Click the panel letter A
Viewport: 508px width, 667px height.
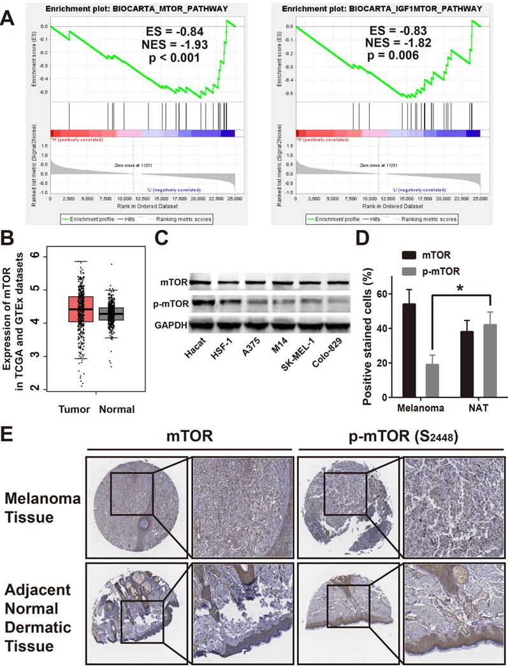point(11,13)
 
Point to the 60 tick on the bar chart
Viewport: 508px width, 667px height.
point(382,294)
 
